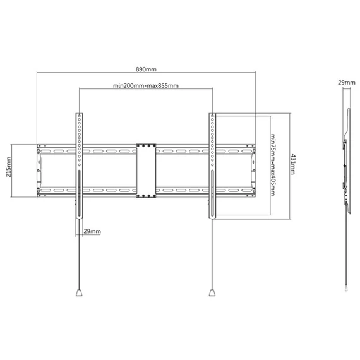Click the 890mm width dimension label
[146, 69]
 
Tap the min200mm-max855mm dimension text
[146, 86]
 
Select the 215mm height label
[8, 167]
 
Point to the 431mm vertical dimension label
[292, 164]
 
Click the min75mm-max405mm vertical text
[273, 165]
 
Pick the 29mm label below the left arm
[92, 231]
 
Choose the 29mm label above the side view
[347, 83]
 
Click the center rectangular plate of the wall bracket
[146, 171]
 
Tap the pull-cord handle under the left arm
[79, 292]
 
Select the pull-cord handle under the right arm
[212, 292]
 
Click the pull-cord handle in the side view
[346, 288]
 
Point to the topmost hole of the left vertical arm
[79, 116]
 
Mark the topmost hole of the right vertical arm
[212, 116]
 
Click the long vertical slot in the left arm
[79, 193]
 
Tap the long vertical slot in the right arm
[212, 193]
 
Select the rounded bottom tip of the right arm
[212, 217]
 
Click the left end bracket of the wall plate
[39, 171]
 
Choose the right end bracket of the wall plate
[253, 171]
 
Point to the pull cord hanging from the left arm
[79, 254]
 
